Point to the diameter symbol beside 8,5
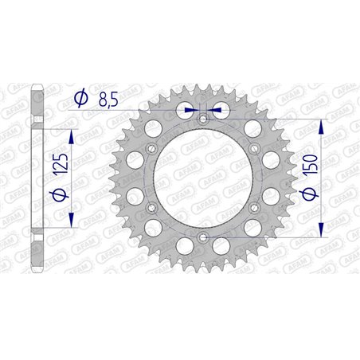coord(80,100)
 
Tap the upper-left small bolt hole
coord(151,149)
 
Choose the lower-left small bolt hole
coord(151,208)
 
